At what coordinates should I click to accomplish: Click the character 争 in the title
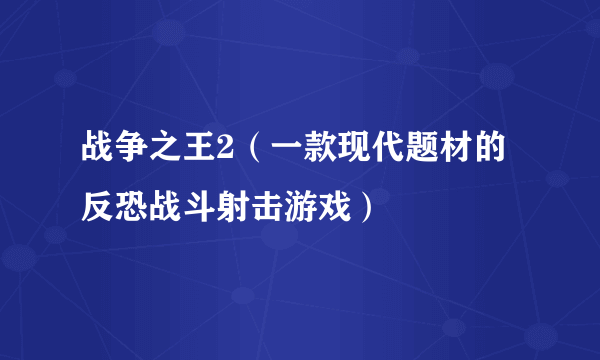(x=131, y=153)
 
